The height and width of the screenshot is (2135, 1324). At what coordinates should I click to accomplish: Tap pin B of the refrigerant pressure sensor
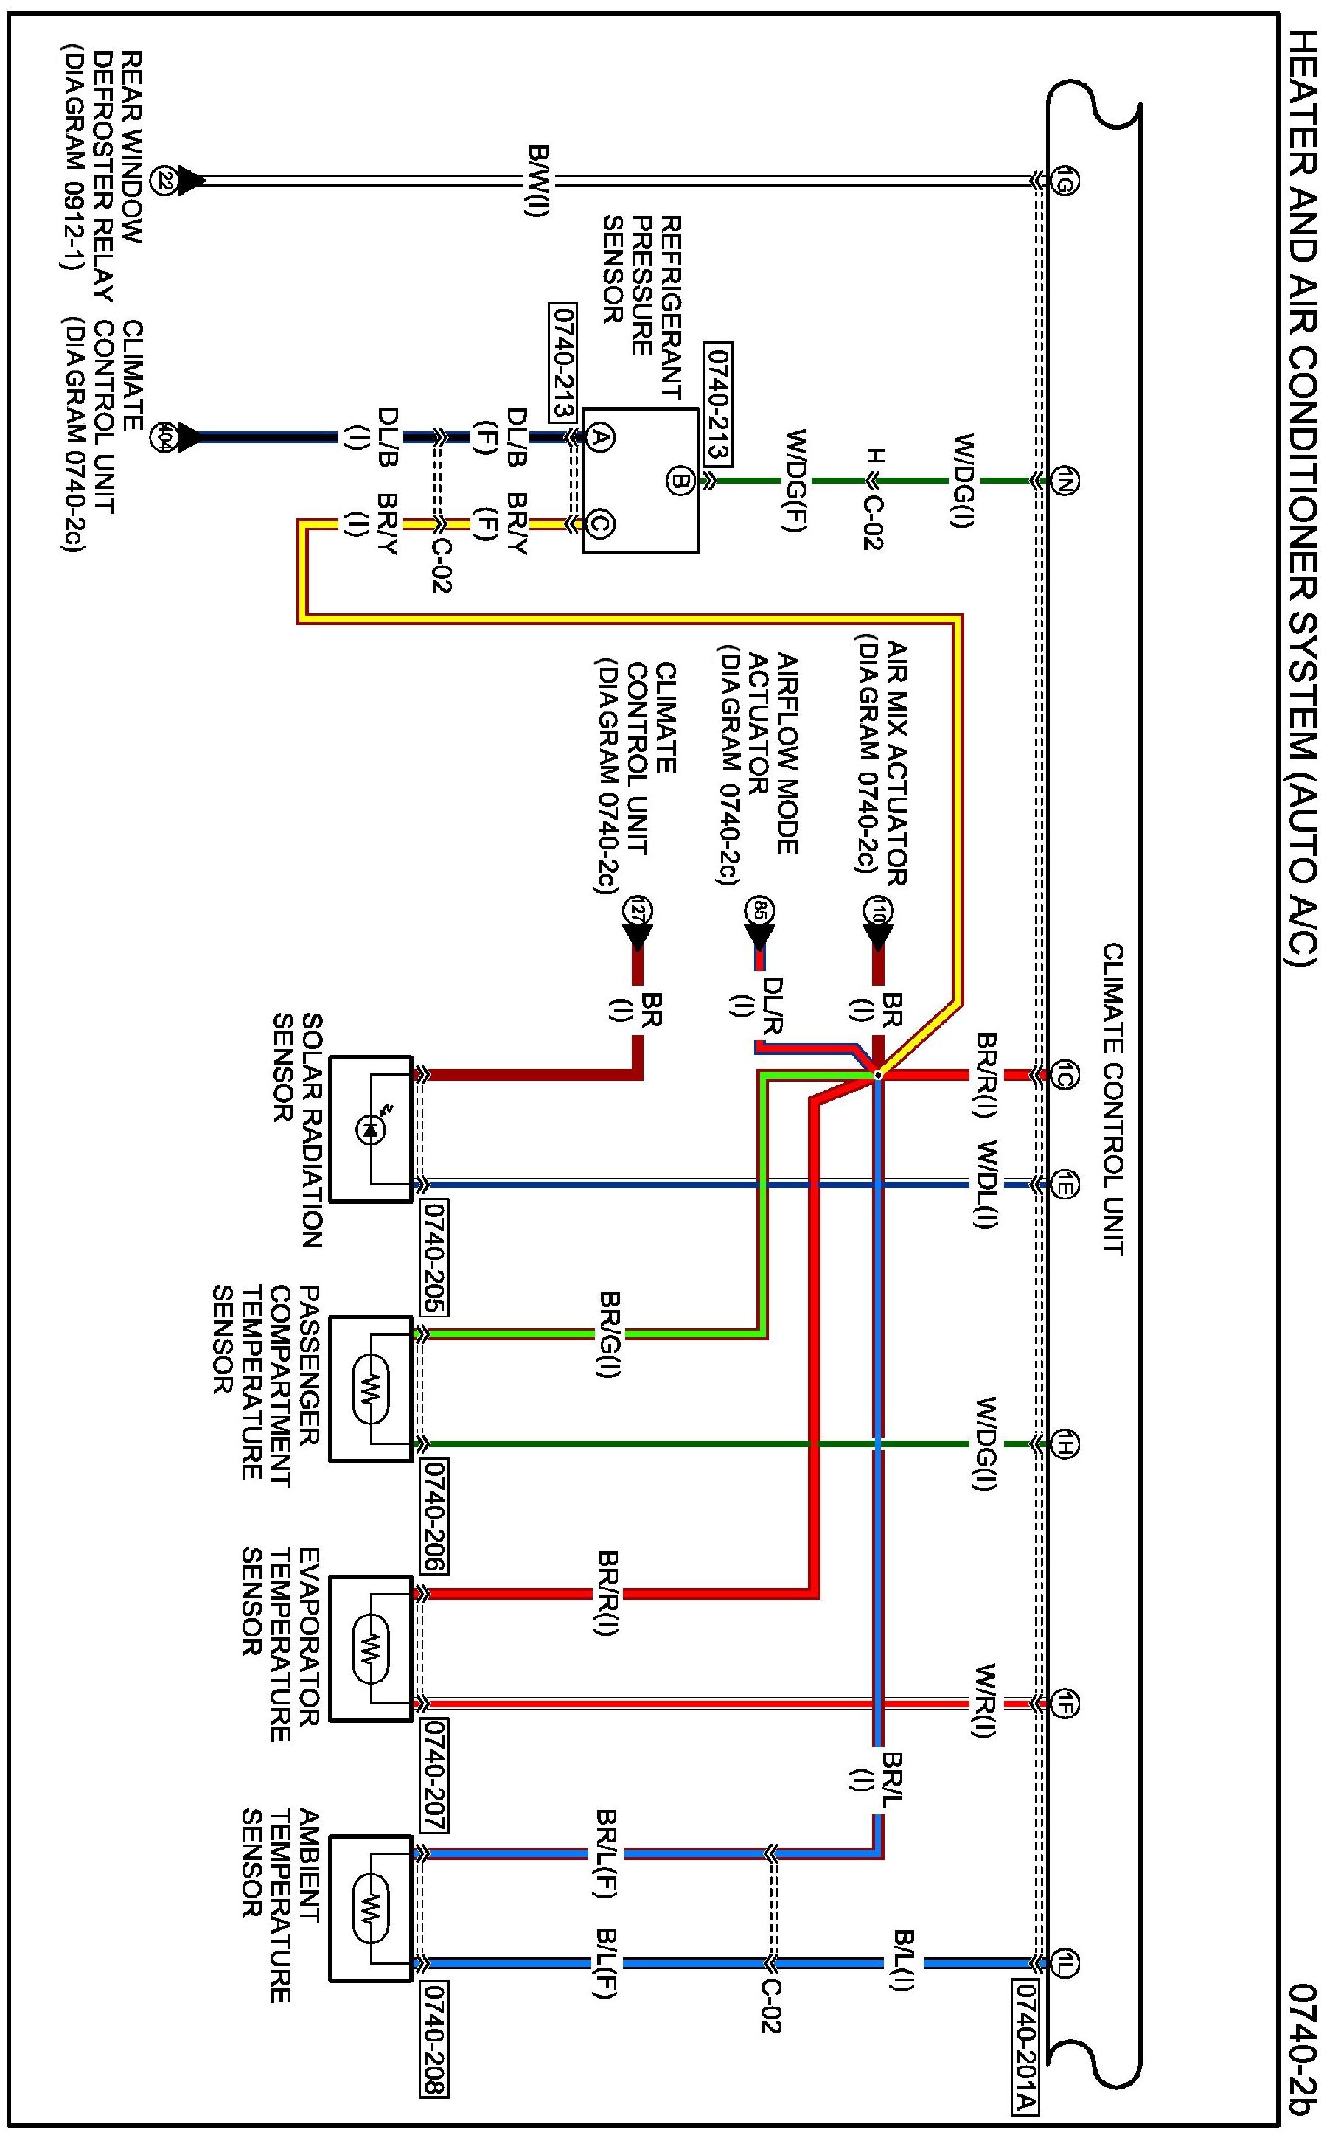[681, 480]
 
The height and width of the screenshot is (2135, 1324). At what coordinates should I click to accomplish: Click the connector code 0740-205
[434, 1258]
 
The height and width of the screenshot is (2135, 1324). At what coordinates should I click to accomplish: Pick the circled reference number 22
[163, 181]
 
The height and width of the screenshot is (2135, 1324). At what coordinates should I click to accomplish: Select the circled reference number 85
[759, 909]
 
